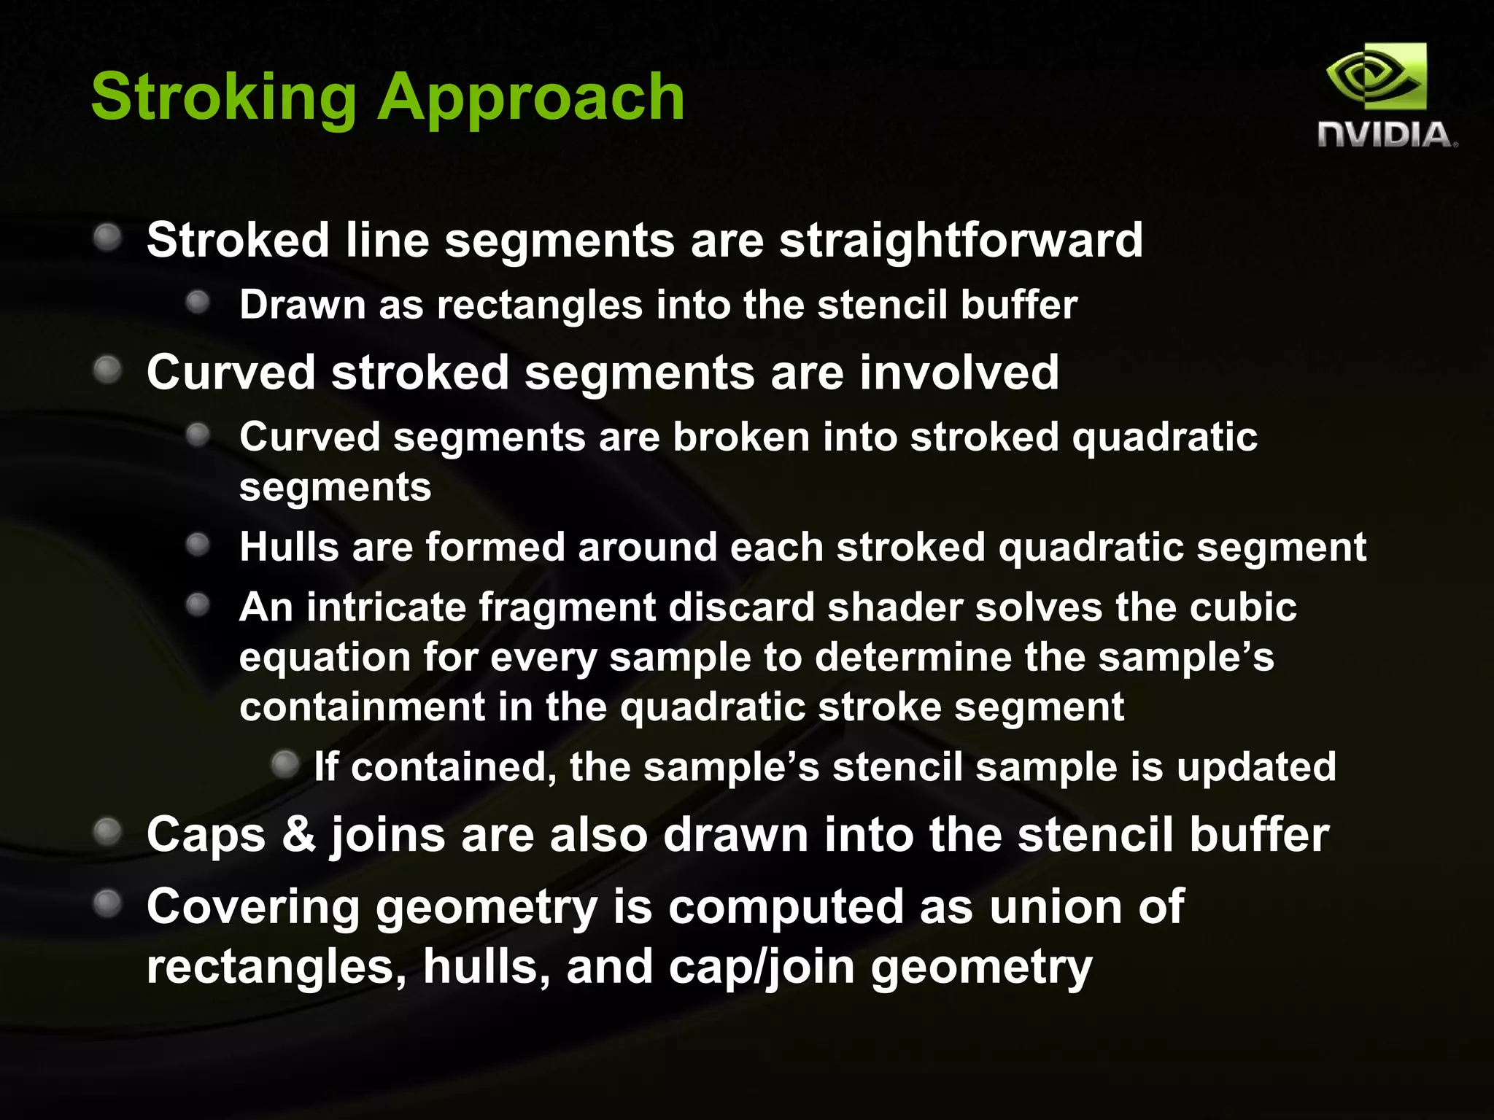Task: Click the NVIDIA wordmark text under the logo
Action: coord(1386,136)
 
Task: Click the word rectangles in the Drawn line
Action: coord(540,305)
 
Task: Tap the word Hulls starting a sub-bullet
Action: coord(289,547)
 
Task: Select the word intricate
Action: coord(386,607)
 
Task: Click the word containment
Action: coord(362,707)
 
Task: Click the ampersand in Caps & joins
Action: coord(298,835)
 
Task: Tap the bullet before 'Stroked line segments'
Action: coord(108,238)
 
